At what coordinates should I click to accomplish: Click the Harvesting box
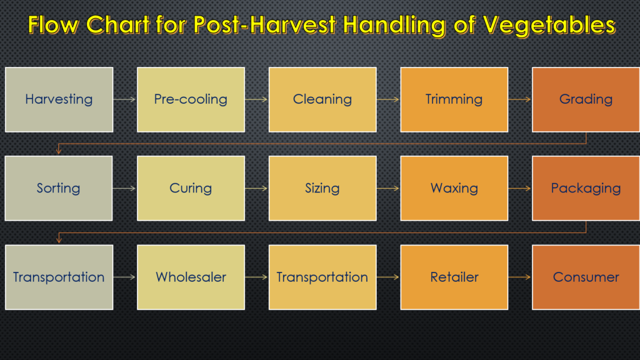click(59, 99)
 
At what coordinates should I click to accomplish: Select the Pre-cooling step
click(191, 99)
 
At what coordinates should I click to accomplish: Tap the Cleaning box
click(322, 99)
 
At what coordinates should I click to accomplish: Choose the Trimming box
click(454, 99)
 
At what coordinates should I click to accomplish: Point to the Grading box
click(586, 99)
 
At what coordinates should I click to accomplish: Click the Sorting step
click(59, 188)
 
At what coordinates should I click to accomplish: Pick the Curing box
click(191, 188)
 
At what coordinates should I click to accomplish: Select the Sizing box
click(322, 188)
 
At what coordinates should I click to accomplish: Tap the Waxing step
click(454, 188)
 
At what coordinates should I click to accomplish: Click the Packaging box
click(586, 188)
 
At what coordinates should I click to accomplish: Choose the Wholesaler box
click(191, 277)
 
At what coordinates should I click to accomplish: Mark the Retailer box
click(454, 277)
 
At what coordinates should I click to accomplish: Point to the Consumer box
click(586, 277)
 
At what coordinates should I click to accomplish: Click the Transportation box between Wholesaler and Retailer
click(322, 277)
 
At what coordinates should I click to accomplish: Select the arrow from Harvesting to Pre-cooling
click(125, 99)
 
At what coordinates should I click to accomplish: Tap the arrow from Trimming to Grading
click(520, 99)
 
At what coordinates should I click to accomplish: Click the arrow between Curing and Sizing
click(257, 188)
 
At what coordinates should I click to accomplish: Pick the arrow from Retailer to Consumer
click(520, 277)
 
